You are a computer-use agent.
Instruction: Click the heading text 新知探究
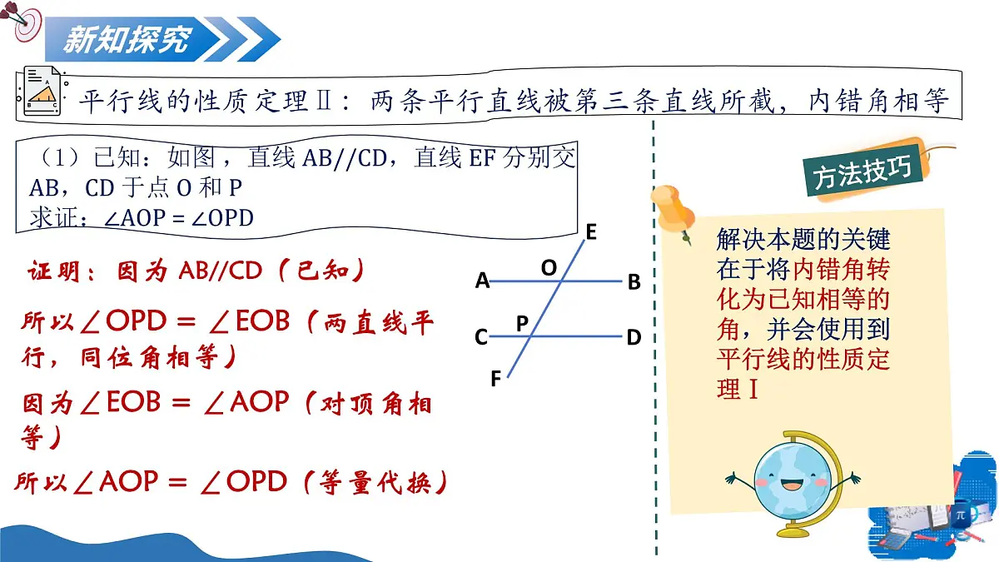[x=127, y=38]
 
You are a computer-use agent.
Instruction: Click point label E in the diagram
[x=591, y=232]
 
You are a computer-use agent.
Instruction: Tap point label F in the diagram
[x=496, y=380]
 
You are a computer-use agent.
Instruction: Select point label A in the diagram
[x=482, y=281]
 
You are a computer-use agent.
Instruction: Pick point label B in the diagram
[x=634, y=282]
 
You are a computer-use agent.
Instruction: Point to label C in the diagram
[x=481, y=337]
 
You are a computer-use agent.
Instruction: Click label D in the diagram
[x=634, y=337]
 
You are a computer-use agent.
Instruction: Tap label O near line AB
[x=549, y=267]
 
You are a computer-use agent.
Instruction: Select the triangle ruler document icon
[x=42, y=93]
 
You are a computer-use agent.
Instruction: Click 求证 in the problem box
[x=53, y=218]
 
